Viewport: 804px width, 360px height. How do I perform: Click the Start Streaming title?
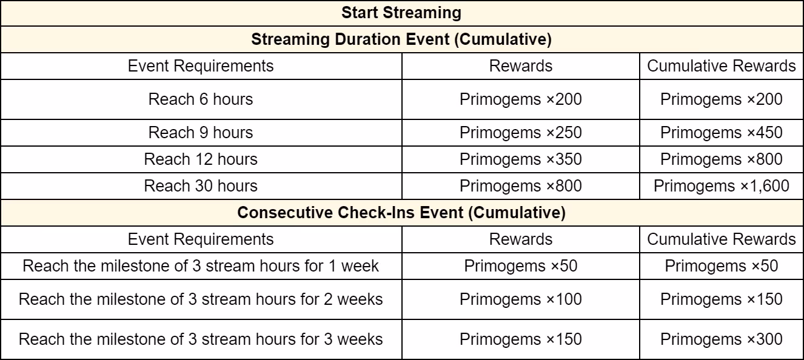pyautogui.click(x=401, y=12)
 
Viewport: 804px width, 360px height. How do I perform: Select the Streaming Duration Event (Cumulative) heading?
pyautogui.click(x=401, y=39)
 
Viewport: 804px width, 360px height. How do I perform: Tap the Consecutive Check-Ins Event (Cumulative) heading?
pyautogui.click(x=401, y=213)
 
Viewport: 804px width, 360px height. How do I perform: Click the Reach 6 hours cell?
pyautogui.click(x=201, y=99)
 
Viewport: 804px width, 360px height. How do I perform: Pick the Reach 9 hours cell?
pyautogui.click(x=201, y=132)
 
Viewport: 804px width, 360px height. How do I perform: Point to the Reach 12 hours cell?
pyautogui.click(x=201, y=159)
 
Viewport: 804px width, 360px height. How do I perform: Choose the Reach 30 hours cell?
pyautogui.click(x=201, y=186)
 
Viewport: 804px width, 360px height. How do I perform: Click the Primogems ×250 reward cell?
pyautogui.click(x=520, y=132)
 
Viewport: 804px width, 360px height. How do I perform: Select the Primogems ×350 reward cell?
pyautogui.click(x=520, y=159)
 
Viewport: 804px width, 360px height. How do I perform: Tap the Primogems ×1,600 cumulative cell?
pyautogui.click(x=722, y=186)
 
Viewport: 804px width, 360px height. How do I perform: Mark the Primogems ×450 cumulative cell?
pyautogui.click(x=722, y=132)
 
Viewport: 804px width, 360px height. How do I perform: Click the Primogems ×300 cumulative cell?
pyautogui.click(x=722, y=339)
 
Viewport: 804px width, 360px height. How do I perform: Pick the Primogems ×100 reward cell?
pyautogui.click(x=520, y=299)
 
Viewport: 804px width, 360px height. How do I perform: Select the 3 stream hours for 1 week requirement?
pyautogui.click(x=201, y=266)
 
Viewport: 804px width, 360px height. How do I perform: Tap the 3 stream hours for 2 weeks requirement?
pyautogui.click(x=201, y=299)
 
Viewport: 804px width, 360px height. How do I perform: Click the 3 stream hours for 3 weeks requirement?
pyautogui.click(x=201, y=339)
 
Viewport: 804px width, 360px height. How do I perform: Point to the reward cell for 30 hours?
pyautogui.click(x=520, y=186)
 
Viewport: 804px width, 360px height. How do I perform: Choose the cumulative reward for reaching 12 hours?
pyautogui.click(x=722, y=159)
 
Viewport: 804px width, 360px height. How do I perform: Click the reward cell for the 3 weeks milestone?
pyautogui.click(x=520, y=339)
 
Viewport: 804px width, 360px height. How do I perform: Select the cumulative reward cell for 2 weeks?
pyautogui.click(x=722, y=299)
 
